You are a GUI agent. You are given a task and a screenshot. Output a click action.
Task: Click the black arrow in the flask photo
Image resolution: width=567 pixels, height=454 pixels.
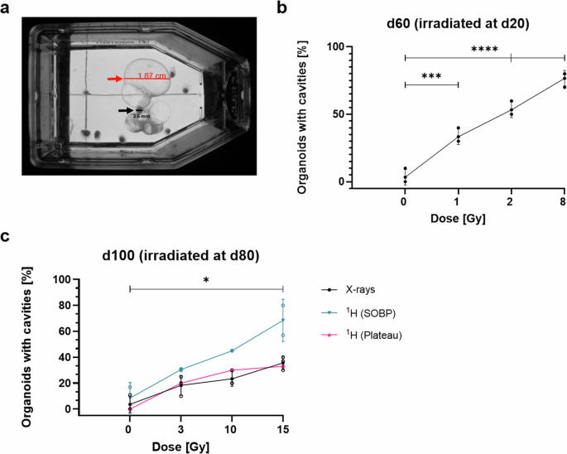click(x=125, y=109)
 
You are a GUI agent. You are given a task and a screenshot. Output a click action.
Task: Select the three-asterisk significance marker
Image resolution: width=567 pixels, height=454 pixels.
click(x=430, y=75)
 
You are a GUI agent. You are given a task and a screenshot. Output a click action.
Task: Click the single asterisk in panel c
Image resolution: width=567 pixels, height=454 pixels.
click(x=206, y=281)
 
